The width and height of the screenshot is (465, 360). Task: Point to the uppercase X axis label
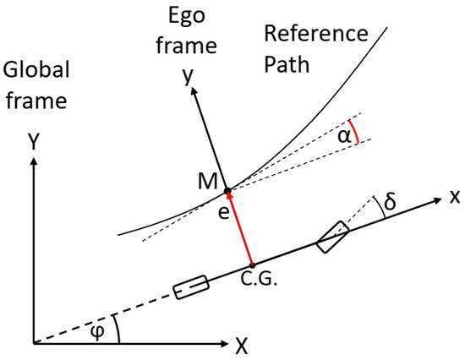(242, 345)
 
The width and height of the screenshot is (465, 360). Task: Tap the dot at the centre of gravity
(252, 265)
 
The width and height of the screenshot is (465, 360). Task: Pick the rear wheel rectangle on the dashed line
(190, 288)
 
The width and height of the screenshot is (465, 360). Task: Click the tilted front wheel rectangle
(332, 236)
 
